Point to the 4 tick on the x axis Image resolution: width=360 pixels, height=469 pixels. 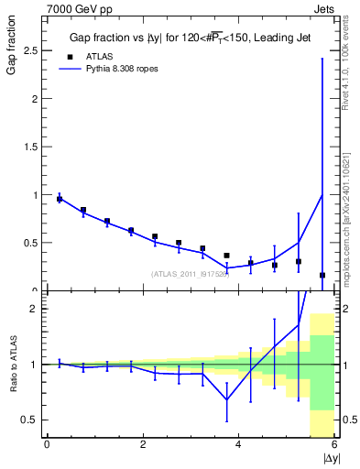point(239,445)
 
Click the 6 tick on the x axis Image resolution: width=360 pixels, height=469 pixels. point(335,445)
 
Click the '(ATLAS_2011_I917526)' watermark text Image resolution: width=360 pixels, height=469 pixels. point(190,274)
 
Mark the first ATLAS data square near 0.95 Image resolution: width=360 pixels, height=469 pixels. point(60,199)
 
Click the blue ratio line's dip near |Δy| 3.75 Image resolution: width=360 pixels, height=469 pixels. point(227,399)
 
